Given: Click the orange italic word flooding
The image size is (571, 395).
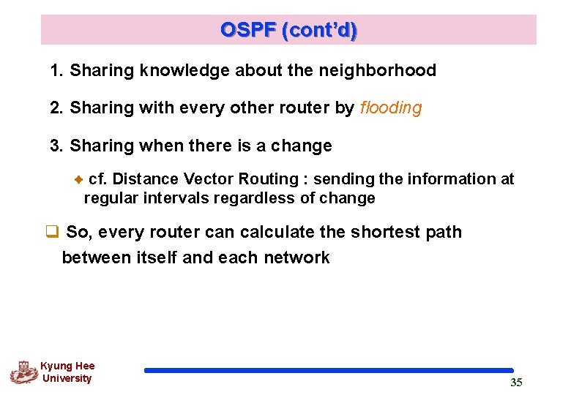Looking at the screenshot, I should click(x=391, y=108).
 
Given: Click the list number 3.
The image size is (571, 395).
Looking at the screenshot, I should click(x=56, y=146).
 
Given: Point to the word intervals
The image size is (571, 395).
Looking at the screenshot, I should click(x=173, y=198).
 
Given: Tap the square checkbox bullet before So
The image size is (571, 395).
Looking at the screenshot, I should click(x=51, y=233).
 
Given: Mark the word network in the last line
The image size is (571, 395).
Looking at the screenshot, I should click(x=299, y=257).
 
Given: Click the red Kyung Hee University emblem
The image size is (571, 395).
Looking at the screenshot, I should click(x=23, y=372).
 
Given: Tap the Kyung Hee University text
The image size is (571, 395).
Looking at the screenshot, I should click(x=67, y=372).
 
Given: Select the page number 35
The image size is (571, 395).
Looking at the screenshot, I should click(x=516, y=383).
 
